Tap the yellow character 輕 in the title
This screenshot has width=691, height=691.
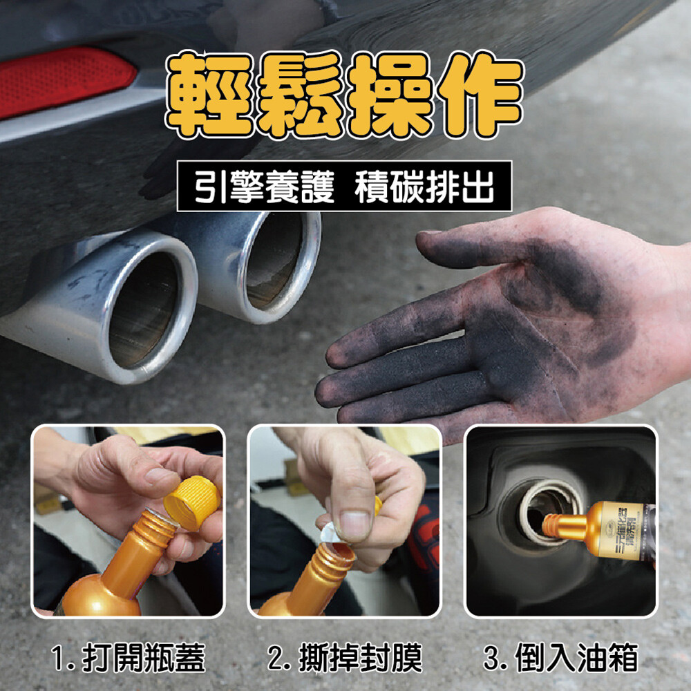click(210, 95)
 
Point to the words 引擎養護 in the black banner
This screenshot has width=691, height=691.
click(265, 187)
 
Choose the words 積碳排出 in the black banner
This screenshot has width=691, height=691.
click(424, 187)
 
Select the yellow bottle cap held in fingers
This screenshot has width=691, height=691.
click(192, 502)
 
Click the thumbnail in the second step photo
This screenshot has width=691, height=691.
click(354, 525)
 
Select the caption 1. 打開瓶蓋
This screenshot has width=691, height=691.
click(129, 658)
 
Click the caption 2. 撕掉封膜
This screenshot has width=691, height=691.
click(345, 658)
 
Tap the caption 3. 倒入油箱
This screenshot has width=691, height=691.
click(560, 658)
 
